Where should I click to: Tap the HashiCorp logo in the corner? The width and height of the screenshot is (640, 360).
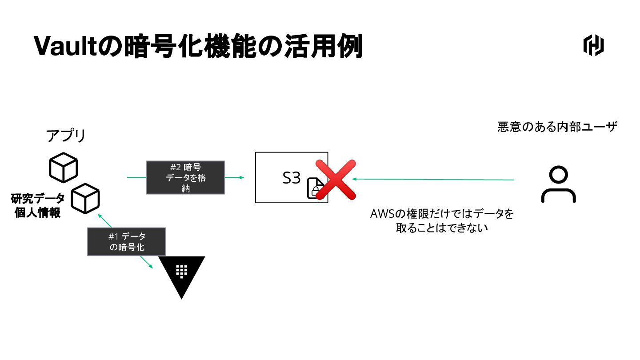coord(593,46)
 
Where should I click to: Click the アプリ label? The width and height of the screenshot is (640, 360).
coord(66,136)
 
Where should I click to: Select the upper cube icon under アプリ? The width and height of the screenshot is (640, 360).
coord(63,167)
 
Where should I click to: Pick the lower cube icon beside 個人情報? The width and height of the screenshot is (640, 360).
coord(86,198)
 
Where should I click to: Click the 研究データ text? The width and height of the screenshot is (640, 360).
coord(38,198)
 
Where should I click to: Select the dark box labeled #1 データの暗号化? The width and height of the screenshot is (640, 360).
coord(127,242)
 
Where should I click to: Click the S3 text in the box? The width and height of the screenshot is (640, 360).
coord(292,178)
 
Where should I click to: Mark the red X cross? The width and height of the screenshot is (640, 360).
coord(336,180)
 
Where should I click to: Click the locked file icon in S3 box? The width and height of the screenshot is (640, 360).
coord(315,188)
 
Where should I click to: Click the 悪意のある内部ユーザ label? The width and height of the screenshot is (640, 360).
coord(557,127)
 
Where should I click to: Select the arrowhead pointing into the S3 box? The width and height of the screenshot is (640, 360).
coord(242,177)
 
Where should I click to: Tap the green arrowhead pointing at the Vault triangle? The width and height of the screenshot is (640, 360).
coord(150,266)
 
